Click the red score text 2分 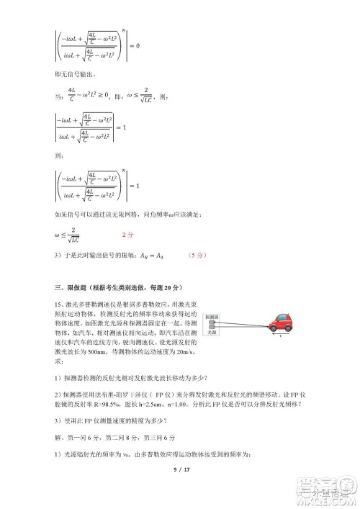click(x=127, y=235)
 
